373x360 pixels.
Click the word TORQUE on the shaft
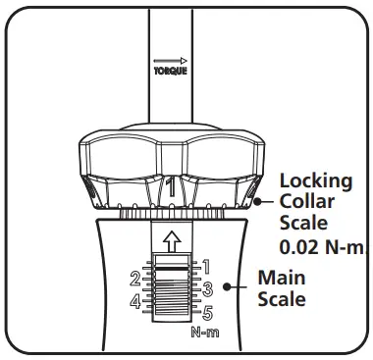point(171,72)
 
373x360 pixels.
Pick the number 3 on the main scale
point(207,289)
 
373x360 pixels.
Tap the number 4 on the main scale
point(135,301)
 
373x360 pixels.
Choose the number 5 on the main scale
point(207,314)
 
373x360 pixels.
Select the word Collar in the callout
point(306,202)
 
